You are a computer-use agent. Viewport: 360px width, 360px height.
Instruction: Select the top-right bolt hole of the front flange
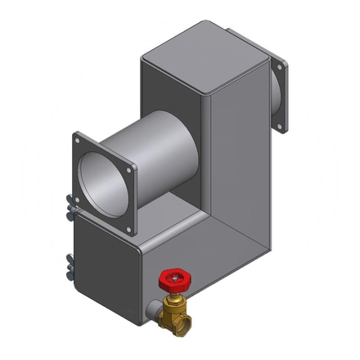130,167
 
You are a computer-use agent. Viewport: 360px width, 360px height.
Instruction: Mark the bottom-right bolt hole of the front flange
128,226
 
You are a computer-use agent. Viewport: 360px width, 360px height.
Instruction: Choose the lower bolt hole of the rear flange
286,124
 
